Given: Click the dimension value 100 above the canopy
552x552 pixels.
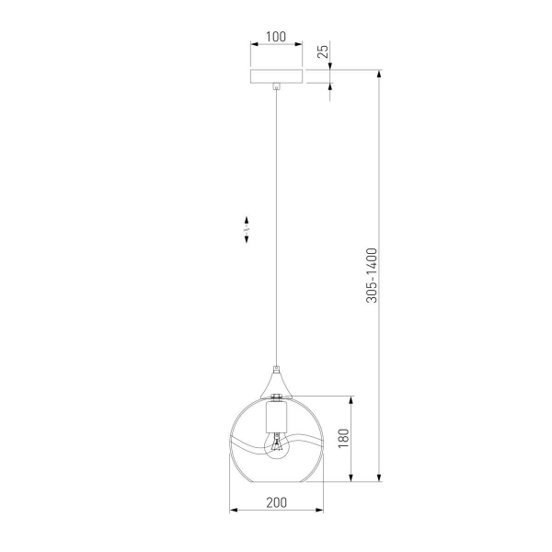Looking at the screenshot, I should [x=276, y=38].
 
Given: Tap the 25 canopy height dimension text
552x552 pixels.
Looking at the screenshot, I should [x=323, y=51].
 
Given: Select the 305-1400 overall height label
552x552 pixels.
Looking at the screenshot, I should [x=371, y=275].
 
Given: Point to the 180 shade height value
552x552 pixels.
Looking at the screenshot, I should [x=343, y=439].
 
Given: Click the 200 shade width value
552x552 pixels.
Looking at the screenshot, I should [x=276, y=502].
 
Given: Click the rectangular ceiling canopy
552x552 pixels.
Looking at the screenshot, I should [x=276, y=76].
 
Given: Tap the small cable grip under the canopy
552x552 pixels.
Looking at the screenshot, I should [x=276, y=88].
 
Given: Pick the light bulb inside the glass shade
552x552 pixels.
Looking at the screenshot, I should [x=276, y=447].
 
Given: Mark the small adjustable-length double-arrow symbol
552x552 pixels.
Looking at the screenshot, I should [x=247, y=229].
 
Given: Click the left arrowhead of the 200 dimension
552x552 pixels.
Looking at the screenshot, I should [x=232, y=511].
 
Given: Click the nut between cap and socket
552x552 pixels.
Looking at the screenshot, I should [x=276, y=397].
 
